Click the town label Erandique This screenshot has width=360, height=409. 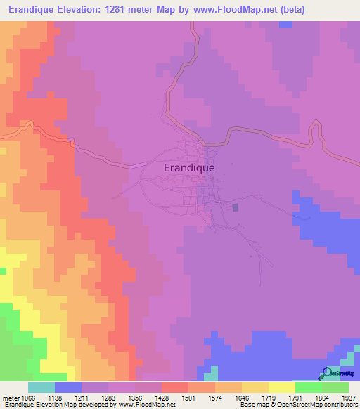(x=189, y=168)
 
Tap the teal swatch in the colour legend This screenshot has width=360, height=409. (x=41, y=387)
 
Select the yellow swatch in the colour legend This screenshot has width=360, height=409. (x=281, y=387)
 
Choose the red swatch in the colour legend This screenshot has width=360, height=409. (x=175, y=387)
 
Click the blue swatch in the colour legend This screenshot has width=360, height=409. (x=68, y=387)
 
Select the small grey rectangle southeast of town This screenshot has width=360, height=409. (x=236, y=207)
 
